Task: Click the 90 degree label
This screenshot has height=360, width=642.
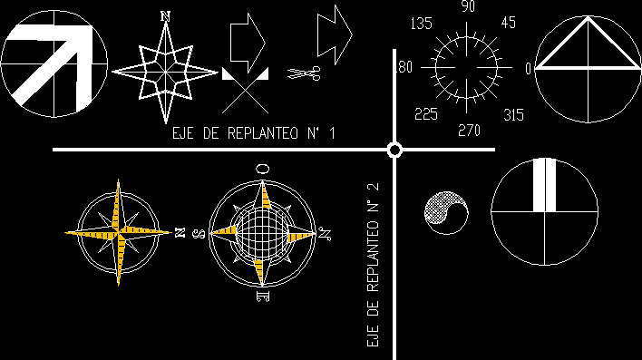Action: (468, 7)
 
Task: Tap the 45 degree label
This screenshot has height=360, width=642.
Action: (508, 23)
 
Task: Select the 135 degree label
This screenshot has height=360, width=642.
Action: (423, 23)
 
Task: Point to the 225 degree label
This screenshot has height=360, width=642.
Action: (426, 113)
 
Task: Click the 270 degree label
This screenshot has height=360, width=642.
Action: (468, 131)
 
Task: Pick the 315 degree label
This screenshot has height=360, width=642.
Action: (513, 114)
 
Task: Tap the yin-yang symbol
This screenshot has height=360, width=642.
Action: (446, 212)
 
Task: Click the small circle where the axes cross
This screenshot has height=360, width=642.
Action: (394, 150)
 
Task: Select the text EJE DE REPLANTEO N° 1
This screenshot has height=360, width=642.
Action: (254, 134)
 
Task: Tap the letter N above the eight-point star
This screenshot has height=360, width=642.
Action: (165, 15)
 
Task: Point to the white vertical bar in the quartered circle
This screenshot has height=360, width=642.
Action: (543, 185)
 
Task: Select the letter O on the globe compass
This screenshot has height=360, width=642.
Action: (262, 168)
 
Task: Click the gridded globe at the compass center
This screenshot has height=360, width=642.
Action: (262, 232)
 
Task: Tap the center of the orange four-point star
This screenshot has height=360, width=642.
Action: (118, 232)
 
